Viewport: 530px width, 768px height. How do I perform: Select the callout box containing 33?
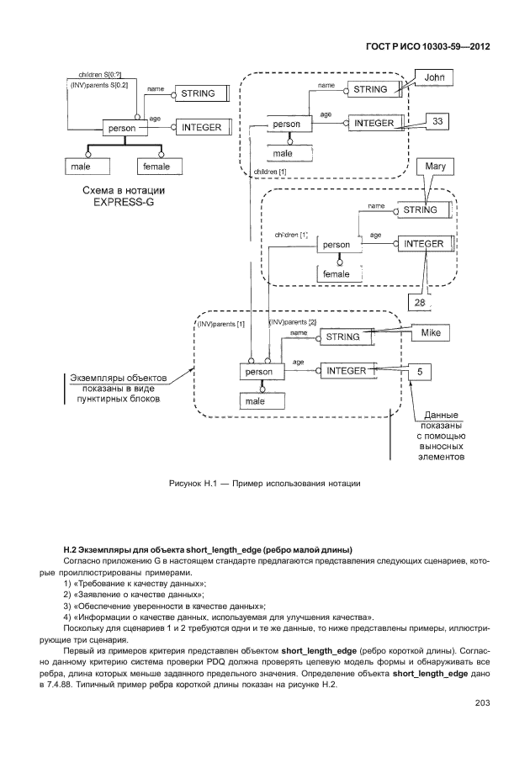(437, 122)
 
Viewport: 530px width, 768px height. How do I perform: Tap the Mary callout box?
(435, 167)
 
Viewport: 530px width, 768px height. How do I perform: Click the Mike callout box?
(431, 333)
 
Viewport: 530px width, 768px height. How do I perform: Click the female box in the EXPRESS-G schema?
(156, 167)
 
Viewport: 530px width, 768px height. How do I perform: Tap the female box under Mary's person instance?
(336, 273)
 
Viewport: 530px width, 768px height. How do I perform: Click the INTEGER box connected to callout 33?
(374, 123)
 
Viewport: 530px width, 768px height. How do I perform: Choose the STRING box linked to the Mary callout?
(420, 209)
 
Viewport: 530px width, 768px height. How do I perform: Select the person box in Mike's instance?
(258, 371)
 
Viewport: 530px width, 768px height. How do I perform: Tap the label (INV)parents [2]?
(292, 323)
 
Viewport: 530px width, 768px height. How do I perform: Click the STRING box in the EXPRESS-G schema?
(198, 93)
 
